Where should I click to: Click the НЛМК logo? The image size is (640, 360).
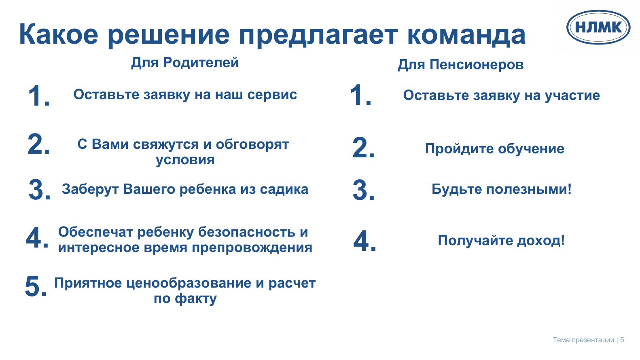tap(598, 28)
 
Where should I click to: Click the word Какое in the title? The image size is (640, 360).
tap(59, 34)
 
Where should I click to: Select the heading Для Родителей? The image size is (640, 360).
tap(185, 63)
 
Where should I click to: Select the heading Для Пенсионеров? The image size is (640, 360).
tap(460, 64)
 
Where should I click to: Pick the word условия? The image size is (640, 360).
tap(185, 159)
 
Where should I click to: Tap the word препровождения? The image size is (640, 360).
tap(252, 248)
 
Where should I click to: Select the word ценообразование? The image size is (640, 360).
tap(189, 283)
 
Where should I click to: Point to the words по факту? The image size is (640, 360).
tap(185, 299)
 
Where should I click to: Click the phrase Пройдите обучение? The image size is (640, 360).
tap(495, 149)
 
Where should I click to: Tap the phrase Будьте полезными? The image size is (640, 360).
tap(501, 189)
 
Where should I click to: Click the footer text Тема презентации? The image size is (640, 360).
tap(583, 340)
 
